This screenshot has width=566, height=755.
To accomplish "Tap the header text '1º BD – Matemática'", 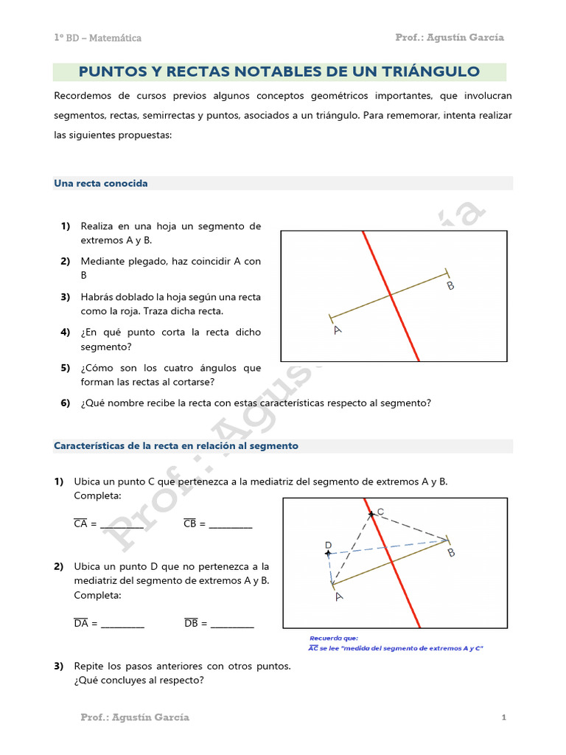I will click(x=97, y=38).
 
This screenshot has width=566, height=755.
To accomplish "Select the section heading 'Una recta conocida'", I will click(x=101, y=184).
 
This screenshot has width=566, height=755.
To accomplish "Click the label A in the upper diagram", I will click(x=338, y=330).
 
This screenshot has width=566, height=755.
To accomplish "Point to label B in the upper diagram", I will click(x=450, y=285).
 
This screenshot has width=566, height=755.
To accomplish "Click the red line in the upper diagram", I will click(x=390, y=295).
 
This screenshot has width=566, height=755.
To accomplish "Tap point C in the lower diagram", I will click(x=372, y=513).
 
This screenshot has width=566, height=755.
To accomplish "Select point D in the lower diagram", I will click(x=328, y=552).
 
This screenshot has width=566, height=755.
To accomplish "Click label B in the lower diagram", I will click(x=450, y=553).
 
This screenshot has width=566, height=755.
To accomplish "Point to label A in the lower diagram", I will click(x=338, y=596).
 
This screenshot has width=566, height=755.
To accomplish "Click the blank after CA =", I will click(x=122, y=525).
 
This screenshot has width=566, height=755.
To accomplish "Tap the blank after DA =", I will click(x=122, y=624).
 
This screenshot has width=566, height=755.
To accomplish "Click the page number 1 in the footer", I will click(x=503, y=717).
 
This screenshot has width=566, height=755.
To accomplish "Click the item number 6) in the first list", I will click(x=66, y=403).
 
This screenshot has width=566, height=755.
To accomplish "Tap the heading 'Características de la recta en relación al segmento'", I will click(x=176, y=446).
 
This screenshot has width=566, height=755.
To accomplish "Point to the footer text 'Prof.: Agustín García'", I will click(x=135, y=717).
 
